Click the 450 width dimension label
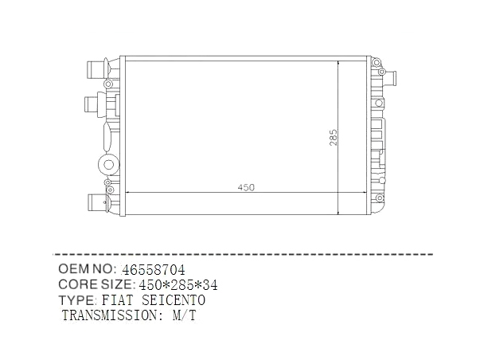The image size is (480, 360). click(x=246, y=187)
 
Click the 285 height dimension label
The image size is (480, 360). click(x=334, y=138)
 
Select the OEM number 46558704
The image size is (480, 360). click(x=154, y=270)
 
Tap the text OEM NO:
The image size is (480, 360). click(x=86, y=268)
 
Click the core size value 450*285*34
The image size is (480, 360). click(x=178, y=285)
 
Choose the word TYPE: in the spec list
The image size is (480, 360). click(x=78, y=300)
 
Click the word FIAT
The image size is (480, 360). click(x=118, y=300)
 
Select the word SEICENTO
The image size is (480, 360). click(x=174, y=300)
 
